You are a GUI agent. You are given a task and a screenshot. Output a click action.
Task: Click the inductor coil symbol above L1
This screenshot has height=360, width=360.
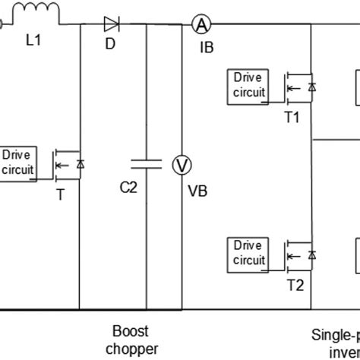(36, 12)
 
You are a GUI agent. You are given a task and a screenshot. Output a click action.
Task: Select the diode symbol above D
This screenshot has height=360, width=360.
(111, 24)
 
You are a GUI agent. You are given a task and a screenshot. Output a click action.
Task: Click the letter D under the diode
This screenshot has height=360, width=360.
(110, 44)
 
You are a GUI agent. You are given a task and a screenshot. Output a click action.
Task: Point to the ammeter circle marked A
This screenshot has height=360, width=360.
(201, 25)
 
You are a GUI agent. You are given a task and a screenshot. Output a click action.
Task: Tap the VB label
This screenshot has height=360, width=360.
(197, 190)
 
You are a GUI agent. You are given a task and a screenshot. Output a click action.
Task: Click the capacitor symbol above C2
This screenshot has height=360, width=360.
(145, 163)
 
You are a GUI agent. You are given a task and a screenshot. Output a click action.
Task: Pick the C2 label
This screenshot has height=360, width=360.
(129, 189)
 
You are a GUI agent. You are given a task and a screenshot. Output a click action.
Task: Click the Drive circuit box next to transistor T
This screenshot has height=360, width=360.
(18, 163)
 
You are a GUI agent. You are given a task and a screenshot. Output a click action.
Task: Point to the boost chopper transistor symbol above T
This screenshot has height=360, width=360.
(67, 164)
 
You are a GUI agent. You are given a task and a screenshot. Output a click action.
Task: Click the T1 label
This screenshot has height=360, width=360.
(293, 117)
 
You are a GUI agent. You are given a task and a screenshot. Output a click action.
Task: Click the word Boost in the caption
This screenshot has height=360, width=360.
(131, 331)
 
